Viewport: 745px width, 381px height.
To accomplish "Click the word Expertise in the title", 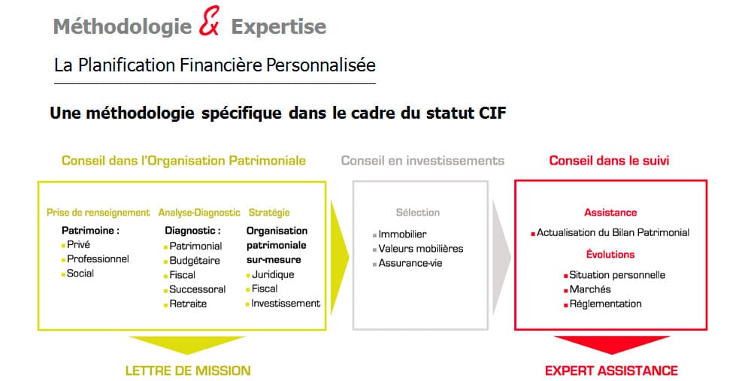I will pos(278,27).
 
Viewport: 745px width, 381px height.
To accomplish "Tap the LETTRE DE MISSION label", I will pos(187,370).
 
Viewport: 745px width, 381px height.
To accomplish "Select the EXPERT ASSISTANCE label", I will pos(610,370).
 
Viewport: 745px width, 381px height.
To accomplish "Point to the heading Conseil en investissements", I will pos(422,161).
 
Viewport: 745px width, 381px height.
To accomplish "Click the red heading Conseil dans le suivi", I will pos(609,161).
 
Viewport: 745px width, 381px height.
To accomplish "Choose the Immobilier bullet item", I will pos(402,234).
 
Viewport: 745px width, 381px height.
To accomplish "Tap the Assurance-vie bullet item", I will pos(410,263).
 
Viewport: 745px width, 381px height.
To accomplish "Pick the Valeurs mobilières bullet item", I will pos(420,249).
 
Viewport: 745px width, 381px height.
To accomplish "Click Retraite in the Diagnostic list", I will pos(187,304).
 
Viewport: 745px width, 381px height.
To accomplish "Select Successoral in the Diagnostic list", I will pos(197,289).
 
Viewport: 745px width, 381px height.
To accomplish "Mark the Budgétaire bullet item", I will pos(195,260).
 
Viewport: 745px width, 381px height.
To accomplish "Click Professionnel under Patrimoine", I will pos(98,259).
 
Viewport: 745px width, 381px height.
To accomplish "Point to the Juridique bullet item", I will pos(272,274).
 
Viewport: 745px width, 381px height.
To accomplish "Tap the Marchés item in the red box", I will pos(589,289).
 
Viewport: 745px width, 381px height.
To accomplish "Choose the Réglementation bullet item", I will pos(605,304).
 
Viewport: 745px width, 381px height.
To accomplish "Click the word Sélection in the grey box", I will pos(418,213).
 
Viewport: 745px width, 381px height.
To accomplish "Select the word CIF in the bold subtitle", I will pos(492,113).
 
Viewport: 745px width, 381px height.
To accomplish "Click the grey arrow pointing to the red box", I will pos(501,254).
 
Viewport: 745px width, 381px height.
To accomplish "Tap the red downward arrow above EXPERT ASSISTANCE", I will pos(610,346).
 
